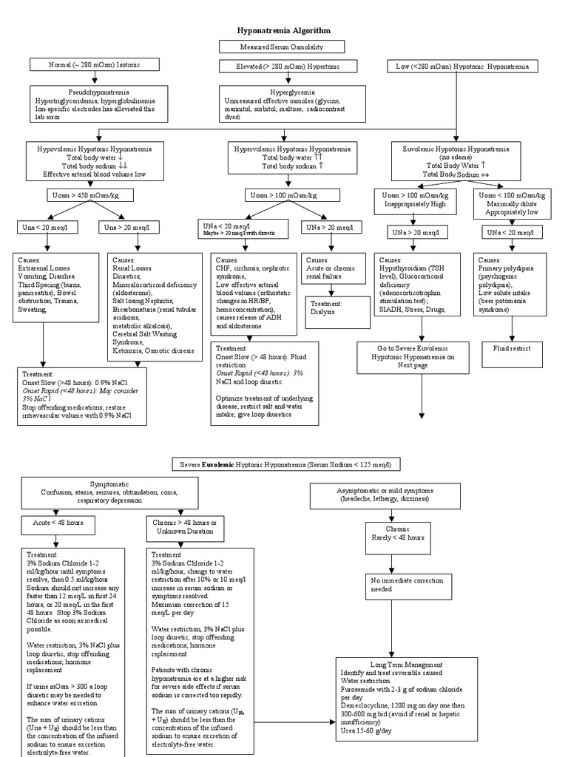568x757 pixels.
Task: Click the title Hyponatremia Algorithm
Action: pyautogui.click(x=283, y=30)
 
